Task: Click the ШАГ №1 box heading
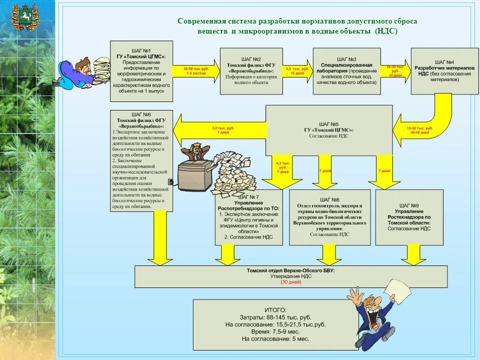tap(141, 50)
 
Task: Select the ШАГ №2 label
tap(250, 59)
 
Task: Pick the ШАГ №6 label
tap(141, 115)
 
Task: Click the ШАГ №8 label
tap(329, 199)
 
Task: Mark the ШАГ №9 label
tap(409, 205)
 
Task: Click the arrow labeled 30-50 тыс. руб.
tap(195, 71)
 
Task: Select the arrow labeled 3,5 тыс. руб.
tap(298, 70)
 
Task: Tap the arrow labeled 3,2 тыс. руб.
tap(220, 130)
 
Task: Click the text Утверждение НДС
tap(290, 276)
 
